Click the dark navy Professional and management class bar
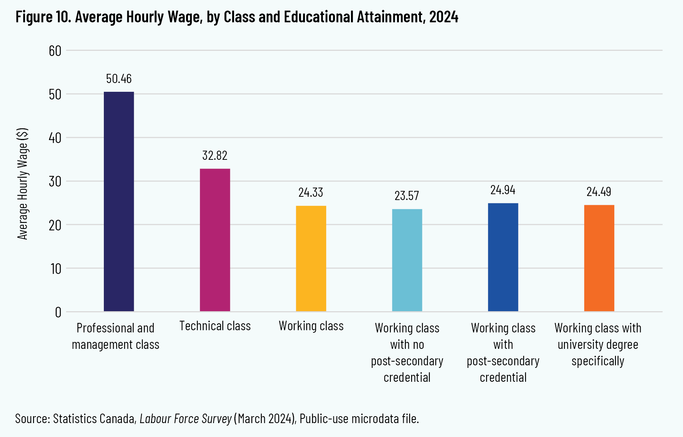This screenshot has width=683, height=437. point(119,201)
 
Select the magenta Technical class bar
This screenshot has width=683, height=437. point(215,240)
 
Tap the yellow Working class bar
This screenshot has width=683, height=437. point(311,259)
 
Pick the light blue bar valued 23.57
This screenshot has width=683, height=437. point(407,260)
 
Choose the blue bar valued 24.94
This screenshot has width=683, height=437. point(503,257)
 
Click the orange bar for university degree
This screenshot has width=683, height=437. point(599,258)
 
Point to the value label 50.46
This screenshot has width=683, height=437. point(119,79)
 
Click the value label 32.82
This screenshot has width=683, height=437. point(215,155)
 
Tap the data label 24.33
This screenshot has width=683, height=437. point(311,192)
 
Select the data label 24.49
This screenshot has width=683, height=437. point(599,192)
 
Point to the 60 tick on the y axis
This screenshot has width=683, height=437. point(55,51)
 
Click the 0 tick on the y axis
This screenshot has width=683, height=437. point(58,312)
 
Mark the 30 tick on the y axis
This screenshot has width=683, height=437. point(55,181)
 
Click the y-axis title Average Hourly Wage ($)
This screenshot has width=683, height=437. point(23,184)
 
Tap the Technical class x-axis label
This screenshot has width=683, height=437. point(215,326)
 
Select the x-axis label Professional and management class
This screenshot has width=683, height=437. point(116,336)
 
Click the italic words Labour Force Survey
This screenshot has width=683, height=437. point(186,418)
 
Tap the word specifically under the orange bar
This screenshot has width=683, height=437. point(598,361)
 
